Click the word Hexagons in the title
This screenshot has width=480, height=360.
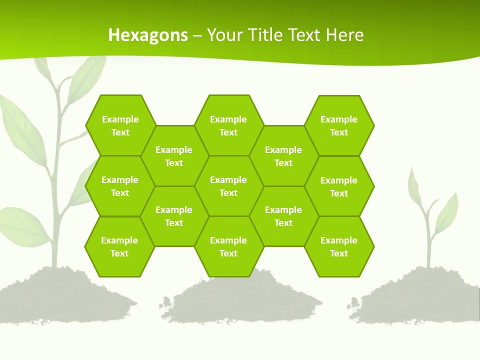click(148, 35)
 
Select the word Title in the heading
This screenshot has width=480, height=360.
click(267, 35)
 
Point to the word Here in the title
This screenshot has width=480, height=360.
click(344, 35)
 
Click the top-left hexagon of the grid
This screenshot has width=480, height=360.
click(120, 125)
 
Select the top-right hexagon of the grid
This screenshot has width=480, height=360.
click(339, 125)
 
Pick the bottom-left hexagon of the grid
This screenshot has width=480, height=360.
click(119, 246)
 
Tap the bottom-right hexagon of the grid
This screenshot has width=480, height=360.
click(339, 246)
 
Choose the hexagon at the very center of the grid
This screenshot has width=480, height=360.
click(228, 186)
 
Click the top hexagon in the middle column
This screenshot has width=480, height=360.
click(228, 125)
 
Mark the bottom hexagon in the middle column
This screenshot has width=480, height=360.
click(228, 246)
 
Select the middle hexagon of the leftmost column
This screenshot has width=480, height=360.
click(120, 186)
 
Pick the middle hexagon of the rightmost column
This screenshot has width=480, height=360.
click(339, 186)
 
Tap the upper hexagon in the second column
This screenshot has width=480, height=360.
click(174, 156)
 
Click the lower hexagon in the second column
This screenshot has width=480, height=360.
click(174, 216)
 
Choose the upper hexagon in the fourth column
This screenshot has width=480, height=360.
click(283, 156)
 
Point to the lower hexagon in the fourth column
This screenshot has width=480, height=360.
click(283, 216)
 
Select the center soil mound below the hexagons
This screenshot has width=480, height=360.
click(240, 300)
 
